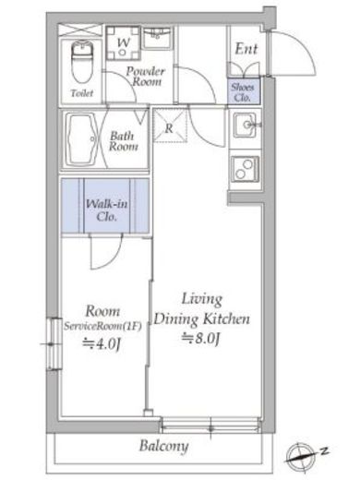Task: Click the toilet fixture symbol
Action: [81, 60]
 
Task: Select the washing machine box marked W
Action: [122, 42]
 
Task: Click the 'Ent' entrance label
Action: [246, 49]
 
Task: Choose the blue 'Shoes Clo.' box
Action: [245, 90]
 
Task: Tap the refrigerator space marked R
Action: [169, 128]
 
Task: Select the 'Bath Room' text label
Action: [124, 140]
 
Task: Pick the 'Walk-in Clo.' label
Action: [105, 210]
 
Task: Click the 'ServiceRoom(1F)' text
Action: [99, 326]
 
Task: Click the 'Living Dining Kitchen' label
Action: [202, 309]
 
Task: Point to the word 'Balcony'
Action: [164, 448]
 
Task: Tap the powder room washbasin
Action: [158, 38]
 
